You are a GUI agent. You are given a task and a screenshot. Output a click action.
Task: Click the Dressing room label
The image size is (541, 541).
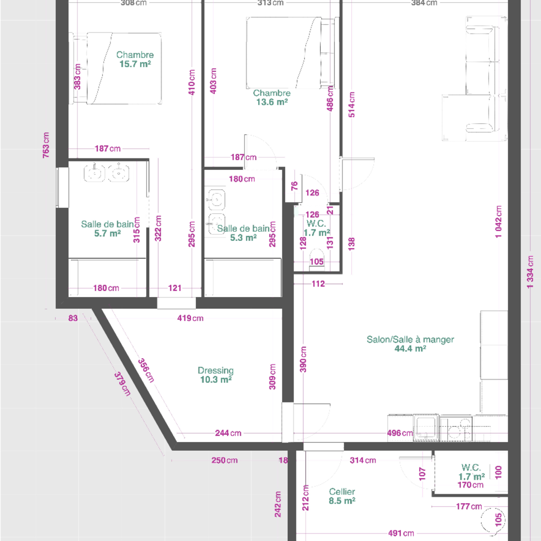[215, 371]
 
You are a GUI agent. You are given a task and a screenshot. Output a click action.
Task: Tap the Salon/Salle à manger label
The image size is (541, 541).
[410, 340]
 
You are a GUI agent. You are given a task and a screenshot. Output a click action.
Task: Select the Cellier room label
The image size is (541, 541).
[342, 492]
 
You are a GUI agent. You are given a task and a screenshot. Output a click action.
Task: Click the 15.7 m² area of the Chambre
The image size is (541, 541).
[135, 64]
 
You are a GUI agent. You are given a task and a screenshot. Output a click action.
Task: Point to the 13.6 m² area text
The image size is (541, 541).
[272, 102]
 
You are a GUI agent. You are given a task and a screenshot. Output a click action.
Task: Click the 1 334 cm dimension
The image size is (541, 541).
[531, 280]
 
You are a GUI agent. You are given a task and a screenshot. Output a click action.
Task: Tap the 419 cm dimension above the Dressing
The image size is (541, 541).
[190, 318]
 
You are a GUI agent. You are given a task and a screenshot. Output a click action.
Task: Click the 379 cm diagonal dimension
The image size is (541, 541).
[122, 384]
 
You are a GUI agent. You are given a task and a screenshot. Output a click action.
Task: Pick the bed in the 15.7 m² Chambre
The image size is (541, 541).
[116, 68]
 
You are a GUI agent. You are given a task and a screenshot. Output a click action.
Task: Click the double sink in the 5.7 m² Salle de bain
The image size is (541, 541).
[106, 174]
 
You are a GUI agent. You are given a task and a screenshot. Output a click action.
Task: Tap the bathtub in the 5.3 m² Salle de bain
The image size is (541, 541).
[242, 277]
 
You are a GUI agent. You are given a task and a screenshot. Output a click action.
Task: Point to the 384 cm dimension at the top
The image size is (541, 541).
[431, 3]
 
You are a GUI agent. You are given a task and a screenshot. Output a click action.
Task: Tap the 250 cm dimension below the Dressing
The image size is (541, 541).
[224, 460]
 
